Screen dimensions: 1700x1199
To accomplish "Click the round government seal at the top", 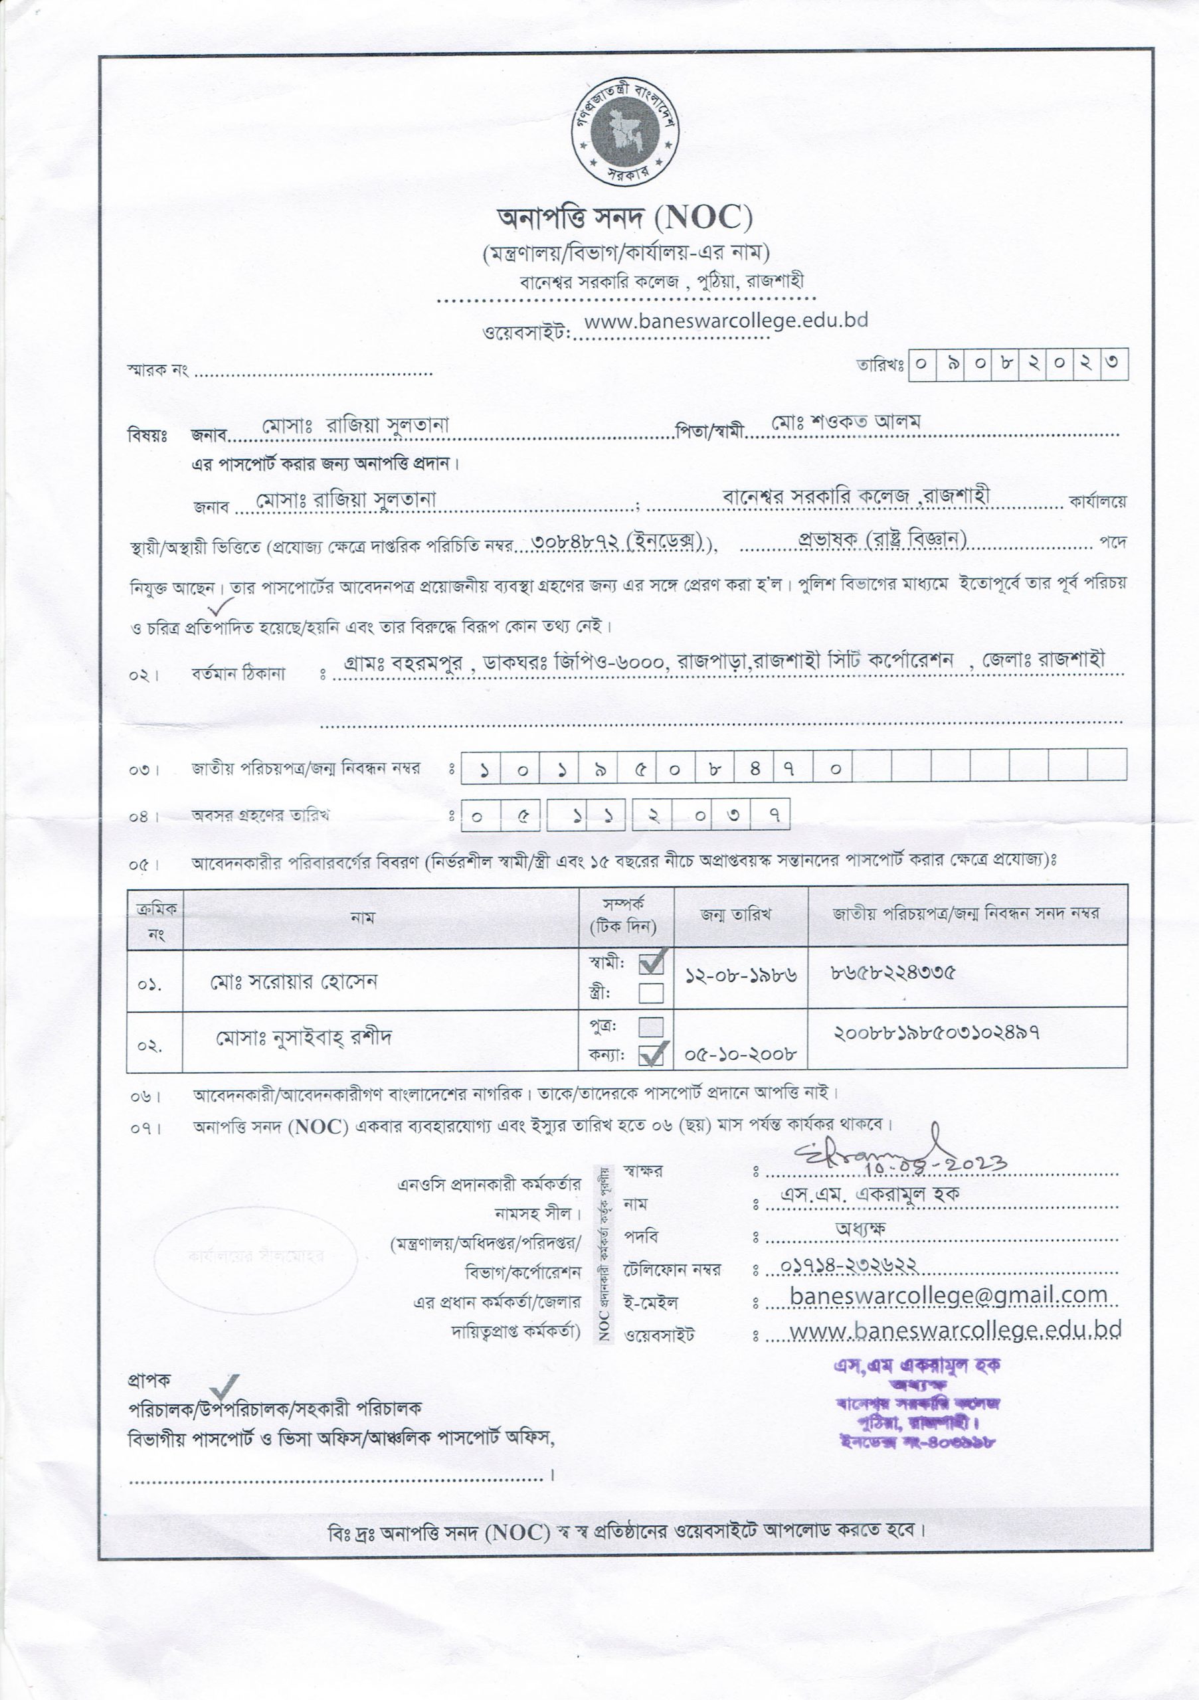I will point(626,131).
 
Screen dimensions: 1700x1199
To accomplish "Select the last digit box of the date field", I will point(1114,365).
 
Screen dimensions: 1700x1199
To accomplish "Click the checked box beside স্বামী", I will point(652,962).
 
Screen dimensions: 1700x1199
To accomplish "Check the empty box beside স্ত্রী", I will point(651,993).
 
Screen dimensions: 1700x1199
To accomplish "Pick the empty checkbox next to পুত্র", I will point(651,1026).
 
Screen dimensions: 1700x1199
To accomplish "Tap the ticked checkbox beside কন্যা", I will point(652,1055).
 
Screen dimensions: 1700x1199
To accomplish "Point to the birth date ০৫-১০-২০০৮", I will point(741,1054).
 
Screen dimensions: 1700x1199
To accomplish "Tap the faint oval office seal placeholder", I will point(256,1256).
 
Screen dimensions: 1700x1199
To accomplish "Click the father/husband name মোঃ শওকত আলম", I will point(846,422).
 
